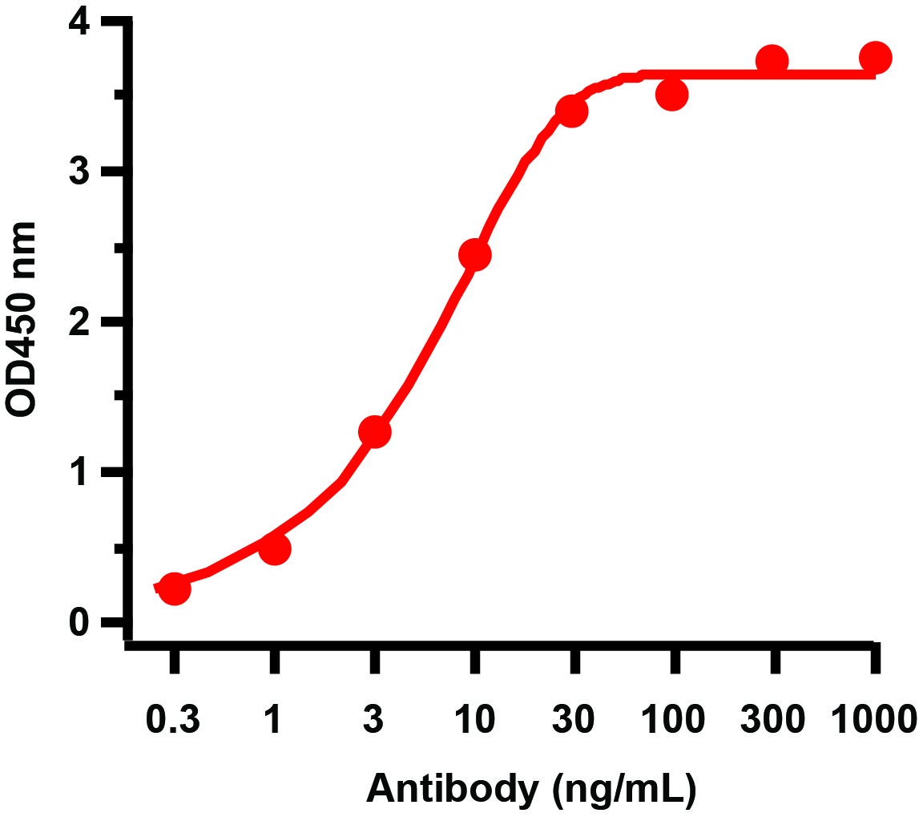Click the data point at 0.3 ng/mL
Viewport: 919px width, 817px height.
175,589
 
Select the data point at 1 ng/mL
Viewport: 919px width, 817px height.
275,549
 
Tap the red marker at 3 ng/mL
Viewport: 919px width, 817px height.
374,432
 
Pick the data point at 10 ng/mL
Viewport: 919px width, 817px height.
474,255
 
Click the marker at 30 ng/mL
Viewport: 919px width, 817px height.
571,111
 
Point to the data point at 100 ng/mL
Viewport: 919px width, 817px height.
672,95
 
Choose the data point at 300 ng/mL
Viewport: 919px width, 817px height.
772,61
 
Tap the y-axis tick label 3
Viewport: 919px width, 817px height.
79,172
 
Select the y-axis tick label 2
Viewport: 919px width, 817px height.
79,322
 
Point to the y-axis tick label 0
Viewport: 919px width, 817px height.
79,623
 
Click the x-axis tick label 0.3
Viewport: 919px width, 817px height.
173,720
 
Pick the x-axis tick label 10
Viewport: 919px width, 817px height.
474,720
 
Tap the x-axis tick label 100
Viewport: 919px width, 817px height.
673,720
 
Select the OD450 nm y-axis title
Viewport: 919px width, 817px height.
22,319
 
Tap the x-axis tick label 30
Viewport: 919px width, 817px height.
573,720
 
